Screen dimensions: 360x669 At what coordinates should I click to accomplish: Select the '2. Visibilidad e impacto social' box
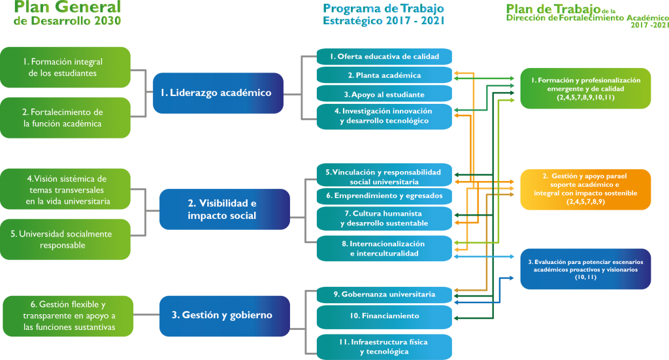225,209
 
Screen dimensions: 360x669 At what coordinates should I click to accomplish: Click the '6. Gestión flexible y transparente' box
68,316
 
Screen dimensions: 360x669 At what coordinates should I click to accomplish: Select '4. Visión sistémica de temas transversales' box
65,189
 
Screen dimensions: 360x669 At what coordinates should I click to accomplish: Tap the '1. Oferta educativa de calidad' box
383,56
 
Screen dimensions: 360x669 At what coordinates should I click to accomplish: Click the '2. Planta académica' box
383,75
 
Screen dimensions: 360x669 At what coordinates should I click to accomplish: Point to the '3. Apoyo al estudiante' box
383,94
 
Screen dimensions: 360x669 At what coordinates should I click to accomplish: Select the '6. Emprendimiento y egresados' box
383,195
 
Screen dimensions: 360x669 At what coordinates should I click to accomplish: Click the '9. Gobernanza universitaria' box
383,295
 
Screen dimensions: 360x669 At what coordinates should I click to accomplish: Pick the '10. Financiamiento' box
383,316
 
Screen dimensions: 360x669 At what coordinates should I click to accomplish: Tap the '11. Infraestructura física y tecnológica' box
383,346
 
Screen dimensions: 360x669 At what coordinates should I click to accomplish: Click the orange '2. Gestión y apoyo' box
585,189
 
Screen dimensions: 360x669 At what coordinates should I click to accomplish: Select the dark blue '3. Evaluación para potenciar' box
585,269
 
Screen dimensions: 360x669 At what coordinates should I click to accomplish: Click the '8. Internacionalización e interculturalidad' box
383,248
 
